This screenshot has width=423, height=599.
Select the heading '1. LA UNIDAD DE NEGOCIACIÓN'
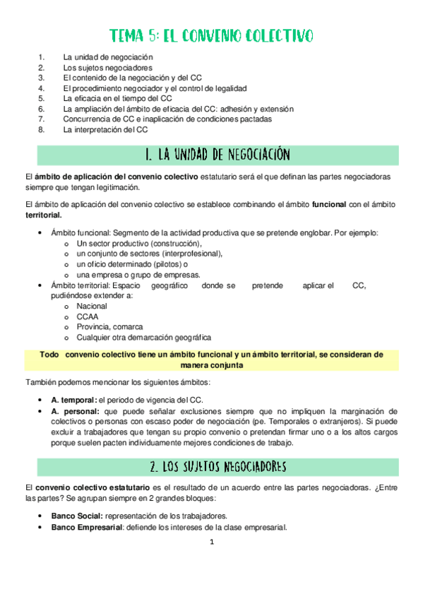point(211,154)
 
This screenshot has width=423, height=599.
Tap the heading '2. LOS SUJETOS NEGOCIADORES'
point(211,467)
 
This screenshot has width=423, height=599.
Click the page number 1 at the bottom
point(211,542)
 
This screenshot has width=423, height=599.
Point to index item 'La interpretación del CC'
point(105,130)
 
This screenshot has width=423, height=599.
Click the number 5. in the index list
point(42,99)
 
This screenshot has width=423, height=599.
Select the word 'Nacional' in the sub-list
point(92,307)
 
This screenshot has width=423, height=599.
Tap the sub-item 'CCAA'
point(88,317)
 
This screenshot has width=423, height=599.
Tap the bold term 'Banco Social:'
point(78,516)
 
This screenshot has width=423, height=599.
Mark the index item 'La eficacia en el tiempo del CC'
point(118,99)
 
